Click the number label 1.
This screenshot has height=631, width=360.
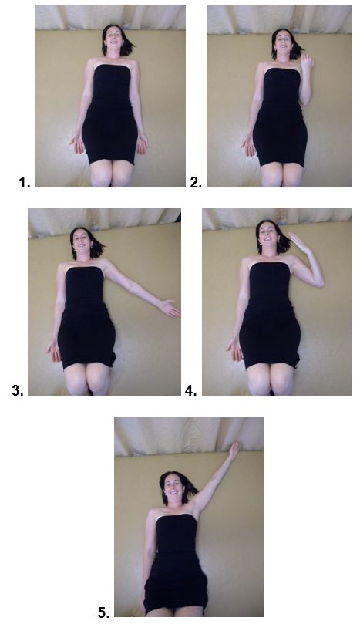(24, 183)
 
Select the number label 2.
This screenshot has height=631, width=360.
(196, 183)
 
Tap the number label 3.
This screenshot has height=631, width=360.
(18, 390)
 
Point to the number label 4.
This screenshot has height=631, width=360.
(190, 390)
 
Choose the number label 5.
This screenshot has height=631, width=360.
(103, 613)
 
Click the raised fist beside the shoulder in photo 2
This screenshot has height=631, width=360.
(308, 62)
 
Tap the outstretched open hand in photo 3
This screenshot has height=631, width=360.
(169, 309)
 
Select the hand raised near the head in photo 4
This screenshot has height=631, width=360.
(298, 242)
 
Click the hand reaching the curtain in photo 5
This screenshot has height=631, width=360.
(234, 449)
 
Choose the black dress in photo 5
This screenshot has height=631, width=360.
(176, 565)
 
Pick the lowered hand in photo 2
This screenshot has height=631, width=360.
(248, 145)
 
